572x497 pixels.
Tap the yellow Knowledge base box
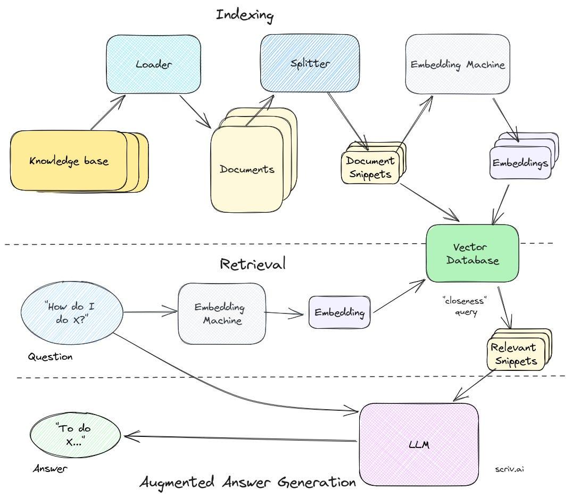tap(69, 161)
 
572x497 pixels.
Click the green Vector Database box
tap(472, 253)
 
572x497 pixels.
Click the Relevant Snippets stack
tap(513, 355)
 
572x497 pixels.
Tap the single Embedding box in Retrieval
tap(339, 312)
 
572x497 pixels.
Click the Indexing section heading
tap(244, 15)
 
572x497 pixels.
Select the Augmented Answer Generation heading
tap(247, 482)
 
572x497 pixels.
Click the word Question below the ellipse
tap(50, 357)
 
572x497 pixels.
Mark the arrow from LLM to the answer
tap(239, 438)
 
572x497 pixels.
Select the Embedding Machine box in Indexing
tap(457, 65)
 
